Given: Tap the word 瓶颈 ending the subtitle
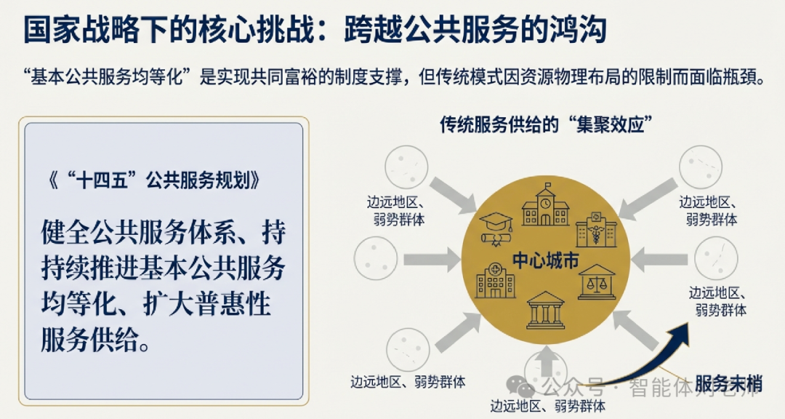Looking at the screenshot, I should click(743, 77).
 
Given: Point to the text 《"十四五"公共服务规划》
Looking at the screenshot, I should click(150, 181).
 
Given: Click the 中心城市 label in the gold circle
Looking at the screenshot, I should click(545, 259).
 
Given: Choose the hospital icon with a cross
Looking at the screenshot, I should click(495, 279).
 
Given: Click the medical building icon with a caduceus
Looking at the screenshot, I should click(596, 227).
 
